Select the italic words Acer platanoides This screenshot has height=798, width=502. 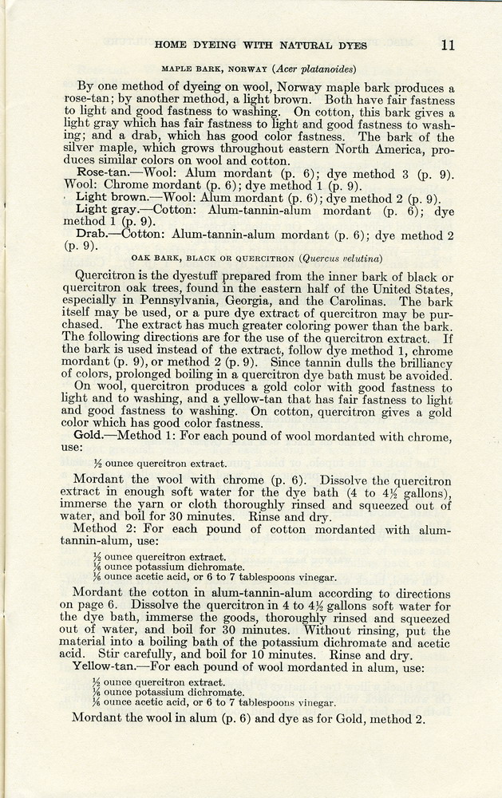315,69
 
